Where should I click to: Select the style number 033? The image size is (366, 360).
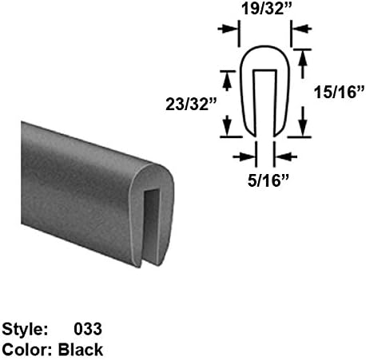pos(88,328)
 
